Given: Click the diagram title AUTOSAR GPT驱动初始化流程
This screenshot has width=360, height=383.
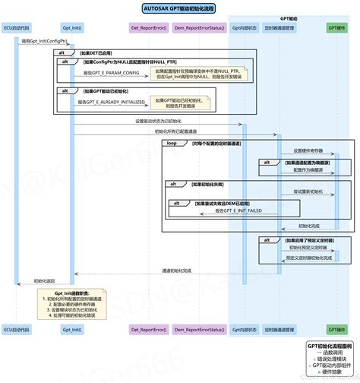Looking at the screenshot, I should click(179, 8).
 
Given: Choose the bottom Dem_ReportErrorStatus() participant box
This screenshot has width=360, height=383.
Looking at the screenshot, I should click(198, 329).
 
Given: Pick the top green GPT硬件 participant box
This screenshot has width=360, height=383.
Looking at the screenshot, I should click(339, 29).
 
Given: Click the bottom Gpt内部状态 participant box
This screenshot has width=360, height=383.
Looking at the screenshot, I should click(245, 329).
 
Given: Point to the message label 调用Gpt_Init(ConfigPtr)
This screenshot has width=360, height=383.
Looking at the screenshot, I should click(44, 40).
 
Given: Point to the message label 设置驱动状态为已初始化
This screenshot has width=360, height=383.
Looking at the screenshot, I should click(158, 121).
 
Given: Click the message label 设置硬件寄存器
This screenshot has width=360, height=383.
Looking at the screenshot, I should click(308, 150).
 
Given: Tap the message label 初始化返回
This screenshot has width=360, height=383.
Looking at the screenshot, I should click(44, 280).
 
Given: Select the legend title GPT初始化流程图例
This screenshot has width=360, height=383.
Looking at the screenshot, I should click(329, 344).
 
